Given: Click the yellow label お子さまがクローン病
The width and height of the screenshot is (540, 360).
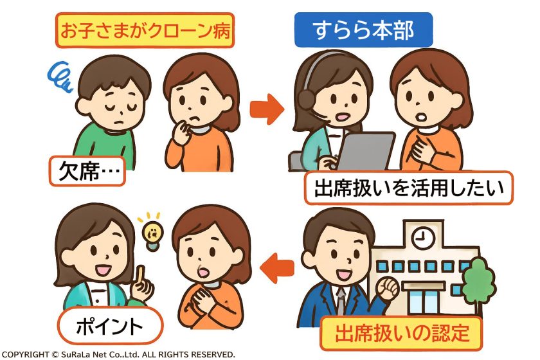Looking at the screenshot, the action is click(x=145, y=31).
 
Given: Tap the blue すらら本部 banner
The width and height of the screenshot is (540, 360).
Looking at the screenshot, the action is click(x=363, y=30).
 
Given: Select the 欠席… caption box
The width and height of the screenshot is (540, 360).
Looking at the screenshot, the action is click(x=87, y=171).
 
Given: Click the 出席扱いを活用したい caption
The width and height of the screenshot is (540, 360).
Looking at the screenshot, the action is click(x=408, y=188).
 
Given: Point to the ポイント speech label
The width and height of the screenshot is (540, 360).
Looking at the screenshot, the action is click(x=109, y=325).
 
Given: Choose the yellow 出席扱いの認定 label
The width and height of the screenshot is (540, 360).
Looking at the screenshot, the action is click(x=402, y=334).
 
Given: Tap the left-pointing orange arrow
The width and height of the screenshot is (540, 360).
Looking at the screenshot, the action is click(x=278, y=267).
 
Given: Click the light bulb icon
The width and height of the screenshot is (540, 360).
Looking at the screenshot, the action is click(x=151, y=233).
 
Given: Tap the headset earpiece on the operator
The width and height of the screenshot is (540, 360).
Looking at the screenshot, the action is click(x=307, y=99).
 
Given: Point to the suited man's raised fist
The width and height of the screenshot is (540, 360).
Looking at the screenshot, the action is click(x=388, y=289).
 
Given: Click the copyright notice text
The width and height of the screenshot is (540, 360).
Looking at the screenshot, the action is click(x=118, y=354).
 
